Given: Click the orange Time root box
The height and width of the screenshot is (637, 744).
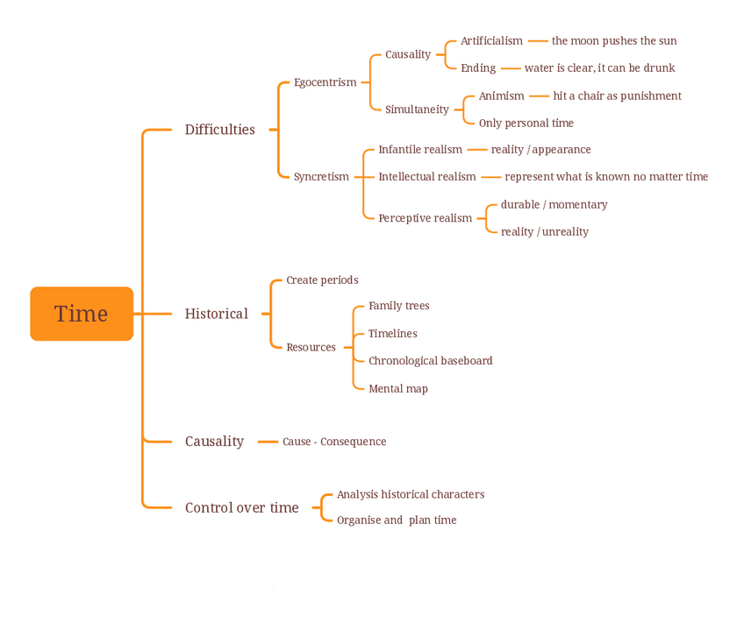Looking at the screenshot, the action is tap(82, 314).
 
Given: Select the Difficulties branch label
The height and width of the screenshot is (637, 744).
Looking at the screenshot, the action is tap(219, 130).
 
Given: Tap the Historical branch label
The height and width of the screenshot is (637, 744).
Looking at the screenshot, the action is tap(216, 314).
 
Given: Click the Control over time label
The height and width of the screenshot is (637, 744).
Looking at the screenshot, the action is tap(241, 507).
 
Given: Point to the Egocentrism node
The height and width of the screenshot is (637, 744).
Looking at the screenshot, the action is tap(325, 82).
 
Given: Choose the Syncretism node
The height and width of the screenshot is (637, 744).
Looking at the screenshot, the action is tap(321, 177).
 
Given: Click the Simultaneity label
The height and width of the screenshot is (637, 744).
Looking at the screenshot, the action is tap(417, 110).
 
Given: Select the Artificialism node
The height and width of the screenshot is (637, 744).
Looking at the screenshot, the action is tap(491, 41).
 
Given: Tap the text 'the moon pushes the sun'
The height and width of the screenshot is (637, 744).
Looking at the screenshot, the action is tap(614, 41).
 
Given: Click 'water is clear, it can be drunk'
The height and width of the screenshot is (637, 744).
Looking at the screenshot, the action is tap(599, 68).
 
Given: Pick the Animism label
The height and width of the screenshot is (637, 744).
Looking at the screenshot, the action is tap(501, 96).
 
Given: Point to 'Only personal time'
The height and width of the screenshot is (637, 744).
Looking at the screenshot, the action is tap(526, 124).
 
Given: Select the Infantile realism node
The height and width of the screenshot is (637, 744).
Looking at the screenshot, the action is tap(419, 150).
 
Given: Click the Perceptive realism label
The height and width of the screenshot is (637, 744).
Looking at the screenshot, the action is tap(425, 218).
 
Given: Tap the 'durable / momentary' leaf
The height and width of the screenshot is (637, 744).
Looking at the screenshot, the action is tap(554, 205).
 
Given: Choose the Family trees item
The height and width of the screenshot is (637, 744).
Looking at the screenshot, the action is tap(398, 306).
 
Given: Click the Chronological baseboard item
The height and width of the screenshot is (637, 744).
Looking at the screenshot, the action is tap(430, 361).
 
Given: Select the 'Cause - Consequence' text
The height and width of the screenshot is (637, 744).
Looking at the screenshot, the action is tap(334, 442).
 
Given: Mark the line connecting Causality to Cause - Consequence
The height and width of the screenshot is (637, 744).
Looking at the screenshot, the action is tap(268, 442).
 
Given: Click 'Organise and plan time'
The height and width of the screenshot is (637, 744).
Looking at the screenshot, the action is tap(397, 520).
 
